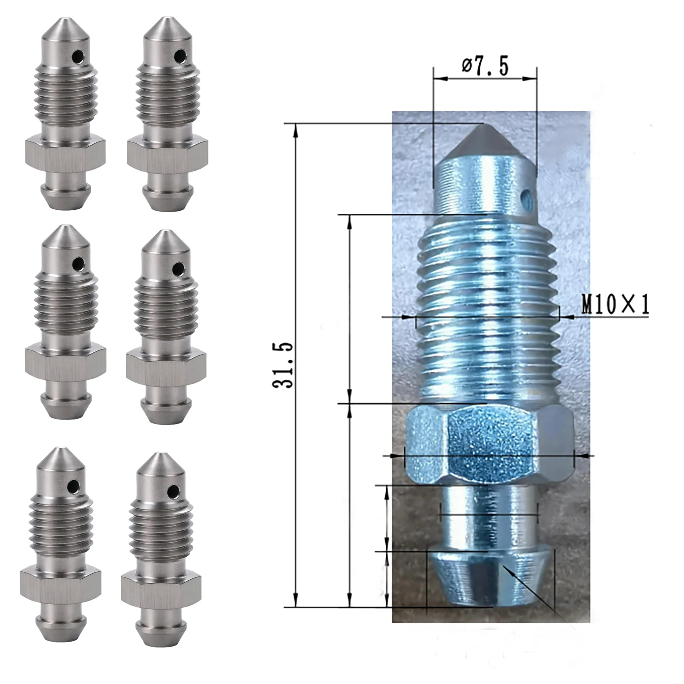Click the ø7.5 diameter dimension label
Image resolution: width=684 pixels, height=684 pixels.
click(x=485, y=67)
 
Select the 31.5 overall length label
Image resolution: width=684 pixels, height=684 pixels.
click(x=283, y=365)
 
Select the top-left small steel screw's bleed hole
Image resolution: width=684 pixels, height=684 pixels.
click(x=80, y=57)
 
